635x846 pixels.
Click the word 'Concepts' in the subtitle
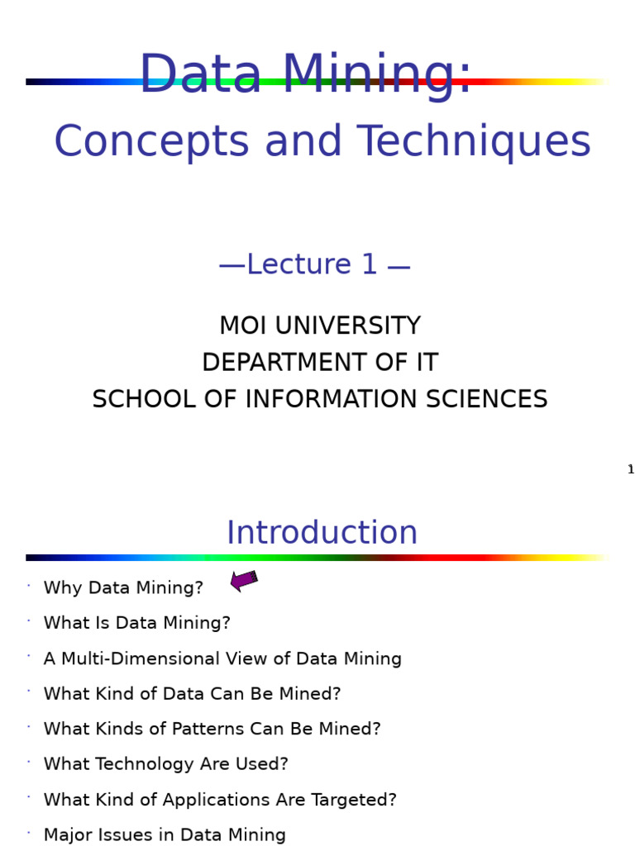pos(151,142)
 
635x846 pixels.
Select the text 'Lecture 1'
pos(312,265)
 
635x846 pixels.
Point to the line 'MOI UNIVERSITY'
pos(319,326)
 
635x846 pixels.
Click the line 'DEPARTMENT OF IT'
pos(319,363)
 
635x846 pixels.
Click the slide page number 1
pos(631,470)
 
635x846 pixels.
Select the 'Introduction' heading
pos(322,534)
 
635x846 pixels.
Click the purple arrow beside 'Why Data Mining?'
pos(244,581)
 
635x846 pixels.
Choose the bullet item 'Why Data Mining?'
pos(123,588)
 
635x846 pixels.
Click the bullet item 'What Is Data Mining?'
pos(136,624)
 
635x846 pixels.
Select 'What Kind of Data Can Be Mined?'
pos(192,695)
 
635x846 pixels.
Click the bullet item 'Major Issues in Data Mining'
pos(165,835)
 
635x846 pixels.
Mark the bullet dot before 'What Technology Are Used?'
pos(29,762)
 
